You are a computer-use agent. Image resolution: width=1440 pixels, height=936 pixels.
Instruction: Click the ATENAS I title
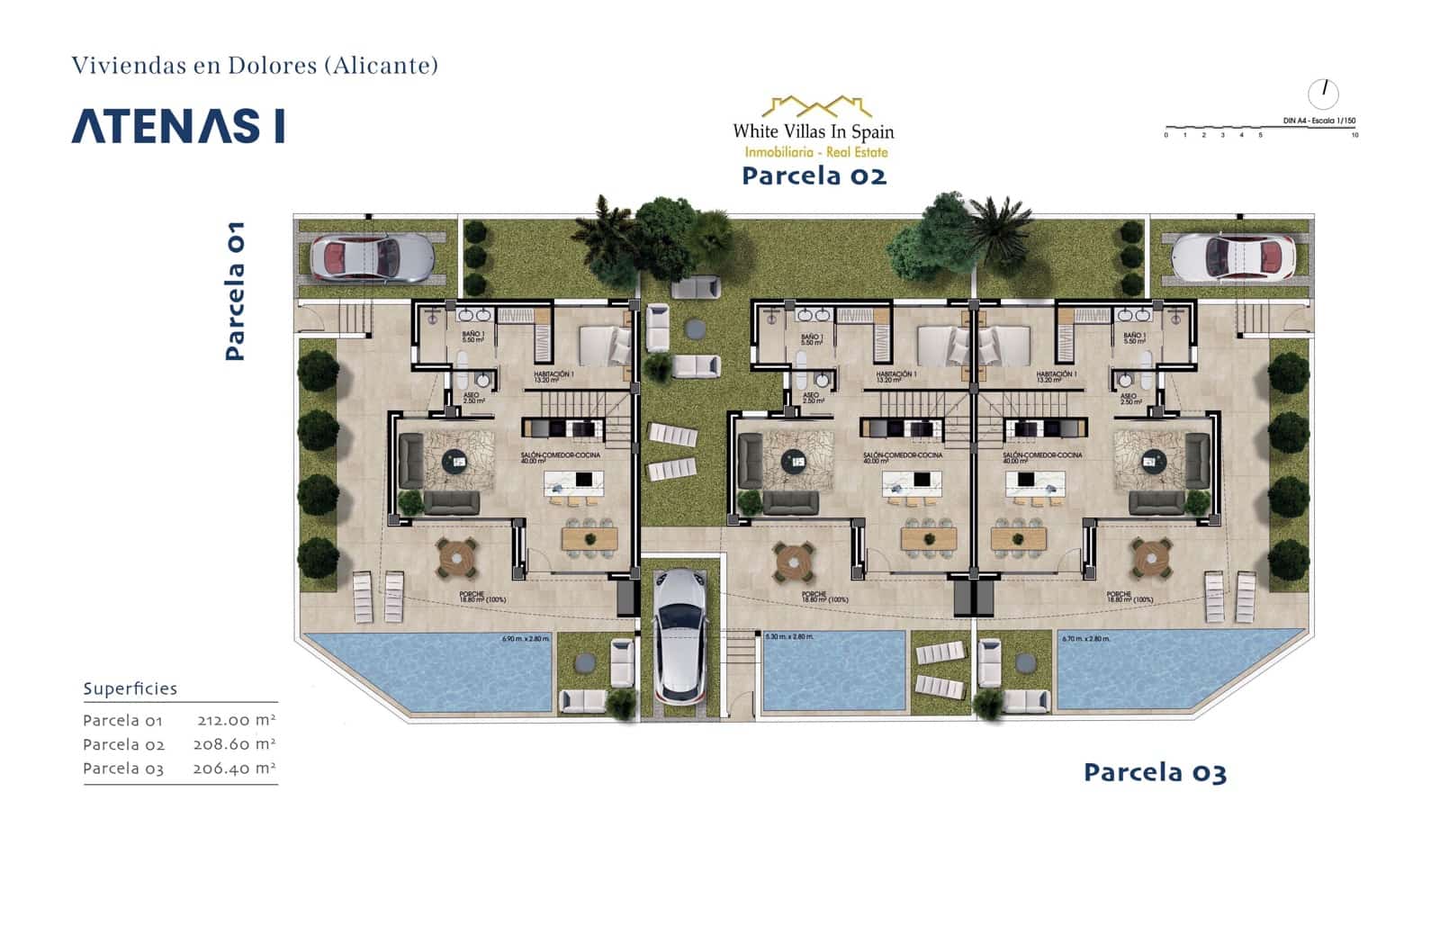point(178,127)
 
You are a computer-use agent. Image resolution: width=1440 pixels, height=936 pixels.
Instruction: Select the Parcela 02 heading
point(814,175)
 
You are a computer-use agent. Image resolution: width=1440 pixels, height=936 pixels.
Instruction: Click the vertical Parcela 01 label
point(235,291)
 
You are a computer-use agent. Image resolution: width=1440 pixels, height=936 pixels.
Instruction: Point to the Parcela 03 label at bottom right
point(1155,772)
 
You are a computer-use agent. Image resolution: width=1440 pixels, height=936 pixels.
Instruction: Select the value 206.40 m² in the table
point(234,769)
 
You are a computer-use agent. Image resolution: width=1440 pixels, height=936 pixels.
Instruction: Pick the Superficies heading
point(130,689)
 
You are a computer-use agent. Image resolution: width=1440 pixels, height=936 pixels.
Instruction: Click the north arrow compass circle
point(1323,93)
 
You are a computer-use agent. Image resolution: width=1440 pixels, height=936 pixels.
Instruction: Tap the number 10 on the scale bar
point(1354,135)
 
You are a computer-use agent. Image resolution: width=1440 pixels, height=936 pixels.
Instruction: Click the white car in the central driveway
point(682,635)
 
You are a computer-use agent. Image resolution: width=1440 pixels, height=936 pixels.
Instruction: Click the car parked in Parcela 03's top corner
point(1233,256)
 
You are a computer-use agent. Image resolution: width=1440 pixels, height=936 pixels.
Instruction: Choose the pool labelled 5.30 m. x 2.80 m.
point(832,670)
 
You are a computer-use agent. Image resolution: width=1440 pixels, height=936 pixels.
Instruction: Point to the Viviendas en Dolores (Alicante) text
point(255,65)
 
